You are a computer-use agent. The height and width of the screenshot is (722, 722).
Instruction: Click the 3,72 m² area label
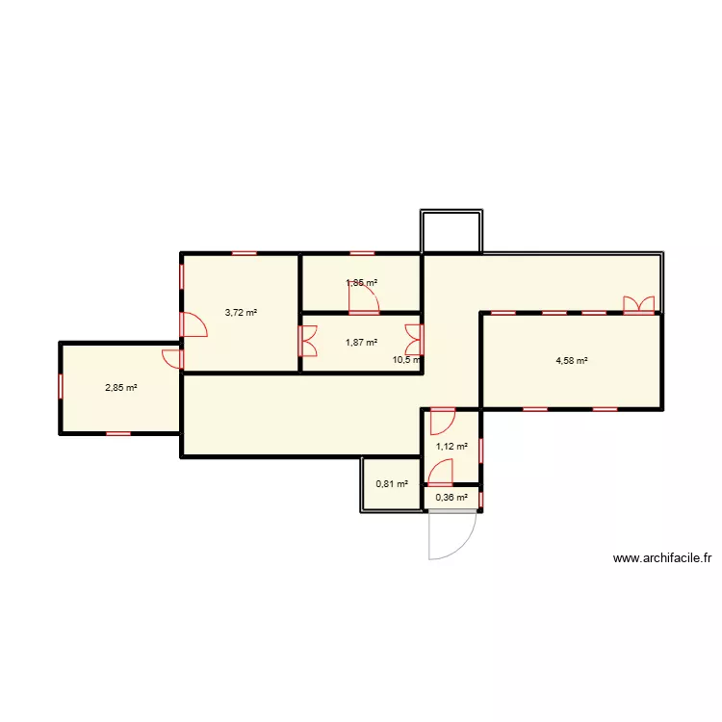[x=241, y=312]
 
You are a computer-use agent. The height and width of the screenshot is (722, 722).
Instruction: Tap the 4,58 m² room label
[x=572, y=361]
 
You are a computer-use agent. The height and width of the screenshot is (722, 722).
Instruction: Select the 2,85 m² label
[x=120, y=388]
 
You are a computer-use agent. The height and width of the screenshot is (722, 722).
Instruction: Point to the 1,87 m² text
[x=361, y=342]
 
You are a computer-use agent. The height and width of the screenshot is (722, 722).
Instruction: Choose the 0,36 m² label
[x=451, y=498]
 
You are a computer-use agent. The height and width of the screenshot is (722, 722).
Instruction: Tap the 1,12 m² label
[x=451, y=446]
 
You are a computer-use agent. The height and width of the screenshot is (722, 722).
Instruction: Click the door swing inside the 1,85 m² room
[x=364, y=299]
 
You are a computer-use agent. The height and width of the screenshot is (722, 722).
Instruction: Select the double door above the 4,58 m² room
[x=638, y=305]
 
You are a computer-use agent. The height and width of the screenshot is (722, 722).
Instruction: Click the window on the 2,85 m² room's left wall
[x=61, y=387]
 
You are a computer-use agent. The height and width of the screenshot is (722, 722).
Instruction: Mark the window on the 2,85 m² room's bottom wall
[x=118, y=434]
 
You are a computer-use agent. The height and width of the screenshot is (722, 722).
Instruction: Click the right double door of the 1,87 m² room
[x=415, y=338]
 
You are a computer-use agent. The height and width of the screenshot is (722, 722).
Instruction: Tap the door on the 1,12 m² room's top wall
[x=443, y=420]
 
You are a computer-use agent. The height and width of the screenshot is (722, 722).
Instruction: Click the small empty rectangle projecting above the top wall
[x=451, y=231]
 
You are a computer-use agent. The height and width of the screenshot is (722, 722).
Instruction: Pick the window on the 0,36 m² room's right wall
[x=481, y=498]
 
